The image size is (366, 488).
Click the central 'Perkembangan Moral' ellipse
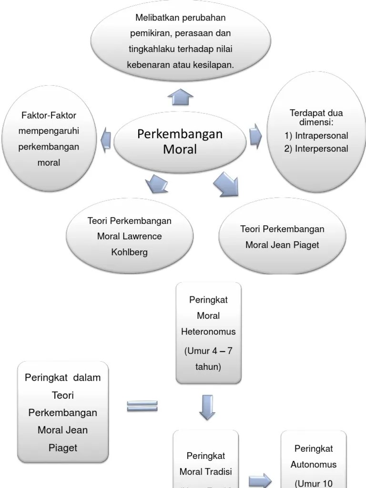tap(180, 142)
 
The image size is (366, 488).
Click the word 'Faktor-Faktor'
tap(49, 115)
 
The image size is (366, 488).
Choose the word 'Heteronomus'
tap(208, 332)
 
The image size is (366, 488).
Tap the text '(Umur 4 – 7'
tap(208, 351)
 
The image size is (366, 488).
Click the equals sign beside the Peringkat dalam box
tap(142, 406)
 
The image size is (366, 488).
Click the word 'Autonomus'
tap(314, 464)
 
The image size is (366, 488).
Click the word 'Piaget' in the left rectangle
tap(62, 448)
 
